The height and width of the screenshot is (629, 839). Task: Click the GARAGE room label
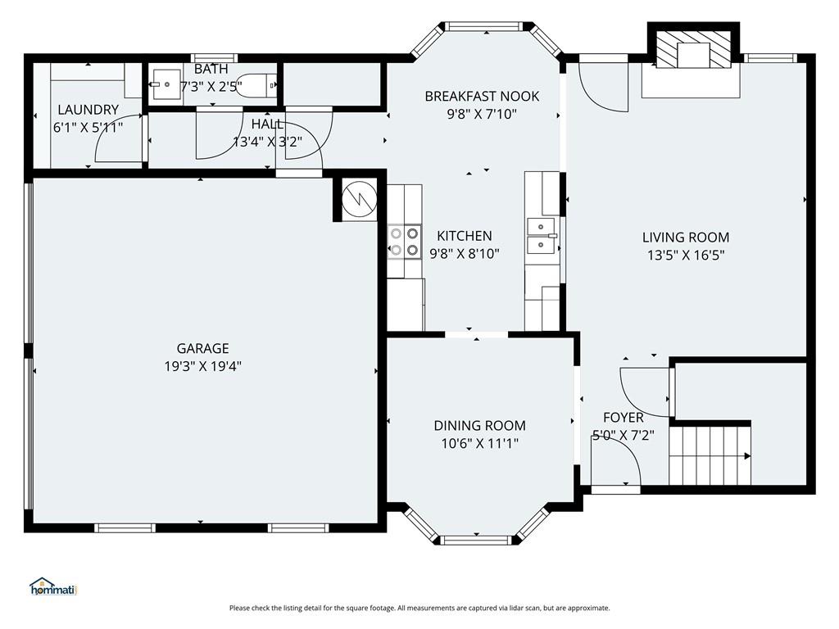[x=202, y=348]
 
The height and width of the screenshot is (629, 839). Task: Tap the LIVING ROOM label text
[x=685, y=238]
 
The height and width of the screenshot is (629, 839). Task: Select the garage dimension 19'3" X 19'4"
[x=202, y=366]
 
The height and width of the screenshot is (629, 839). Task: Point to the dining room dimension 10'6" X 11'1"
[x=479, y=443]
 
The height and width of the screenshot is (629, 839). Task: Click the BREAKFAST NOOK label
[x=482, y=96]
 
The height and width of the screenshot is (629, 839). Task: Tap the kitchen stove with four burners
[x=404, y=242]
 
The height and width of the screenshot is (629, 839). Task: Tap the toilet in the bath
[x=265, y=84]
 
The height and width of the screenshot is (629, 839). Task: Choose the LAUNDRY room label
[x=88, y=110]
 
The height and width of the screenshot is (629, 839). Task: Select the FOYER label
[x=624, y=418]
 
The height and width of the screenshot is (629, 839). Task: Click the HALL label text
[x=267, y=124]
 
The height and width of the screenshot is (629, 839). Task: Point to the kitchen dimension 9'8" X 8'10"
[x=465, y=254]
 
